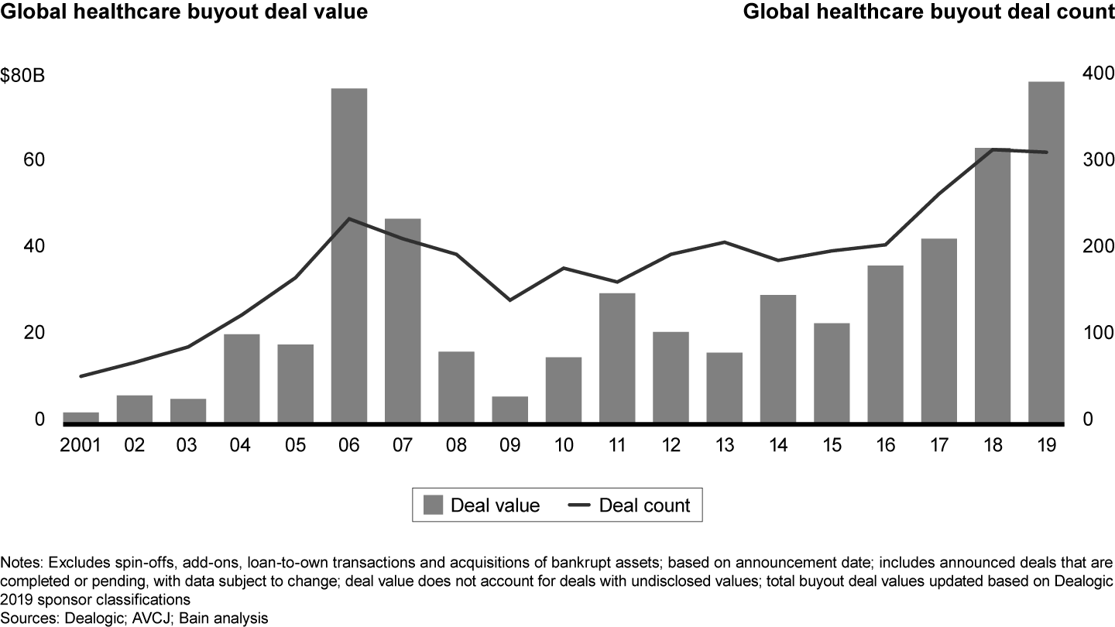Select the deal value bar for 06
(x=349, y=255)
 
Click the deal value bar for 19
(x=1046, y=252)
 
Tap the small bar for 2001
(x=81, y=417)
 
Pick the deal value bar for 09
(x=509, y=409)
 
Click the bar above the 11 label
(x=617, y=358)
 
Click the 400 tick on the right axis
(x=1092, y=73)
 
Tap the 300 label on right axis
(x=1092, y=159)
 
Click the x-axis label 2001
(x=81, y=447)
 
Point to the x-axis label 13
(x=724, y=447)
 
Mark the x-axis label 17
(x=938, y=447)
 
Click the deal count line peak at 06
(x=349, y=218)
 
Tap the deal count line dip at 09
(x=509, y=300)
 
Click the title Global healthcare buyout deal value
(x=184, y=12)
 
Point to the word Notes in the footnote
(x=21, y=560)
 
